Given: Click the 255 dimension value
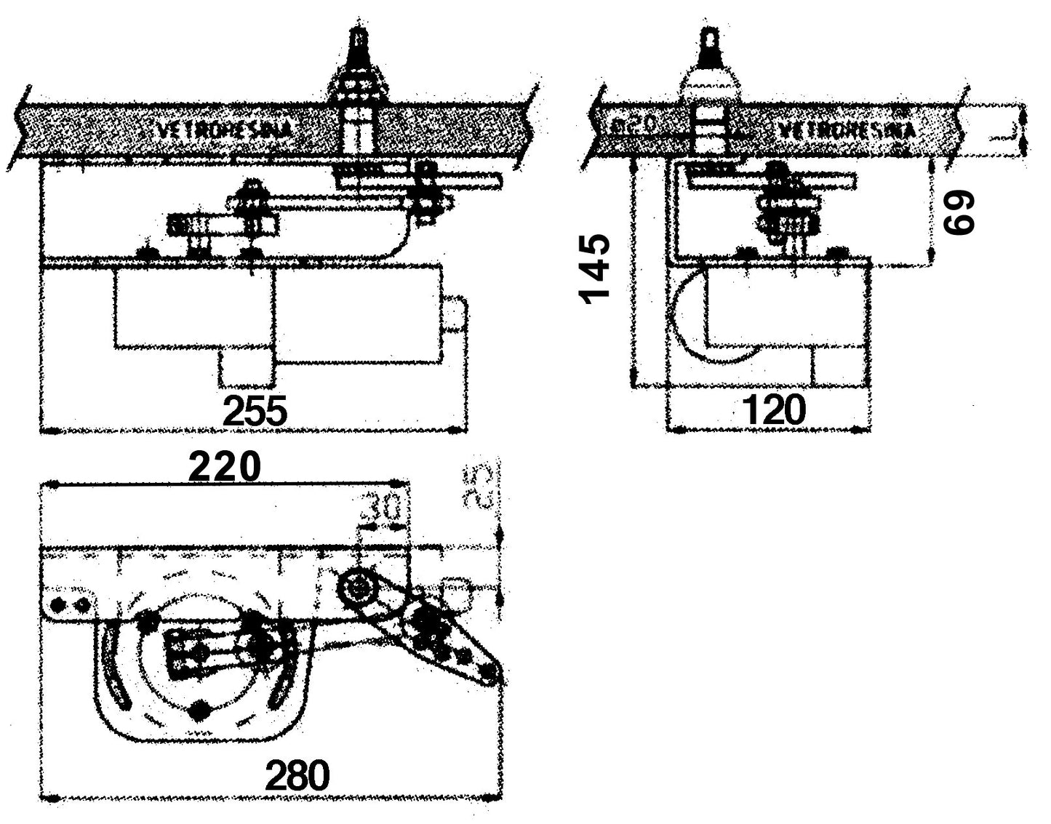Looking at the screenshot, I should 255,412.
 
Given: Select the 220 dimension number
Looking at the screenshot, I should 224,467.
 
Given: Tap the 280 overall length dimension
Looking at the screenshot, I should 297,775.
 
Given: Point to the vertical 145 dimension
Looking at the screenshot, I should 595,268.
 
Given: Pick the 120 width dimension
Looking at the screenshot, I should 774,411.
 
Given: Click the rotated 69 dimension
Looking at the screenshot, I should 958,212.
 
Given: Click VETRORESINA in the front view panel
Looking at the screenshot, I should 225,130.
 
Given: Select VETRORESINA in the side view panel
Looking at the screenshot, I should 846,131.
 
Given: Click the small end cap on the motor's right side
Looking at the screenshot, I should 455,314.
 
